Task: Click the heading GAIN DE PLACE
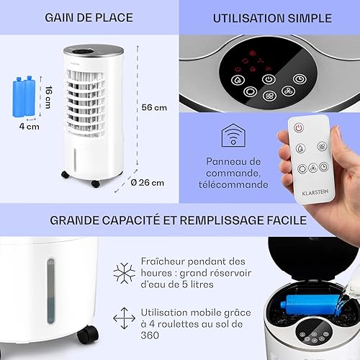[x=89, y=18]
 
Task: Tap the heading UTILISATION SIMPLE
[x=272, y=18]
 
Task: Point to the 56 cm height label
[x=154, y=107]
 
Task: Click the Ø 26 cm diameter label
[x=148, y=183]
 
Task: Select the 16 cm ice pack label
[x=48, y=97]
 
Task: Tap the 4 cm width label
[x=30, y=127]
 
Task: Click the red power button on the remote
[x=299, y=127]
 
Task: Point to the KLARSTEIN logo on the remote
[x=315, y=192]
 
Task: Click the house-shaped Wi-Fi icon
[x=233, y=135]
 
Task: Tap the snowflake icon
[x=124, y=273]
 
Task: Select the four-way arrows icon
[x=124, y=318]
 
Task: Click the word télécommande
[x=233, y=184]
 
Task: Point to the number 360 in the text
[x=150, y=336]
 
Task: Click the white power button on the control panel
[x=269, y=79]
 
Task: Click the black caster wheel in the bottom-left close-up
[x=88, y=335]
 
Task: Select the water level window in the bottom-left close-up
[x=50, y=291]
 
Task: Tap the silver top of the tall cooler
[x=94, y=50]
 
